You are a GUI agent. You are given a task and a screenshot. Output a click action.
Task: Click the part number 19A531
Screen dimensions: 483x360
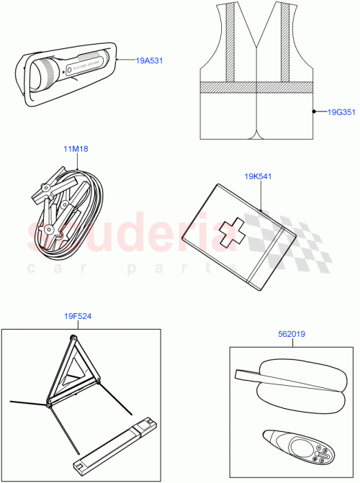point(149,60)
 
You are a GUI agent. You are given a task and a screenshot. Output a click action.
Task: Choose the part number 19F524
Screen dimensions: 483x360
point(77,315)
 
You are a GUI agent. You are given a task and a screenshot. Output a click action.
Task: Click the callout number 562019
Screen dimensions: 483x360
point(292,333)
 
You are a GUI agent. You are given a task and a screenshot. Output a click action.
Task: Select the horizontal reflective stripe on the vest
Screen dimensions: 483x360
point(256,87)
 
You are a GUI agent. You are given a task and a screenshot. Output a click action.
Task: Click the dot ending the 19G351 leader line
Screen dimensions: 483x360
point(314,112)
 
